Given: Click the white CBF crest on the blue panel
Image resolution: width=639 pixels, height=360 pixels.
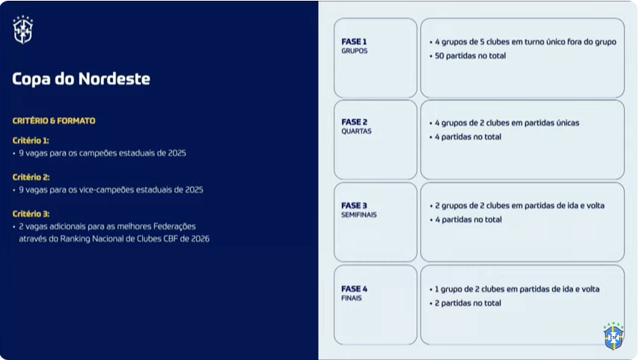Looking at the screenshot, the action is point(22,30).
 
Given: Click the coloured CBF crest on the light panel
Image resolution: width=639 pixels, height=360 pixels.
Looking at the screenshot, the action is point(614,336).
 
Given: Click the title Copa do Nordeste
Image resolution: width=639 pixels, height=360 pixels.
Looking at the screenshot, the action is point(81,79).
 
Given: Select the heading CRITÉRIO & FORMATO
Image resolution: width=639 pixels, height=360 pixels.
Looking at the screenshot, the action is point(54,120).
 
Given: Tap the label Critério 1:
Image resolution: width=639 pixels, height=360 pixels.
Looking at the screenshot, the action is point(31,141).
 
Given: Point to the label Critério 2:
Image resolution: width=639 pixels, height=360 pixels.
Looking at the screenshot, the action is point(31,177).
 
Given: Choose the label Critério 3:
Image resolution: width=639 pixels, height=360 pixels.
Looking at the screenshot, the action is point(31,214).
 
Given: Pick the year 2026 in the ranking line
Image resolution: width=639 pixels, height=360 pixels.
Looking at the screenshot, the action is point(200,239).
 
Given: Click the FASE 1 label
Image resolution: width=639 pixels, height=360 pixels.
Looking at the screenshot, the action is point(354,42).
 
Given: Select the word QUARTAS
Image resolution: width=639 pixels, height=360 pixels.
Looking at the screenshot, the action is point(357,131).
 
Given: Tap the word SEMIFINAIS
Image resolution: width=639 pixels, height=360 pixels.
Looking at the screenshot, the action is point(359,215).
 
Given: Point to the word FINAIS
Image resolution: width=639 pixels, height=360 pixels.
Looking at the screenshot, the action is point(352,299).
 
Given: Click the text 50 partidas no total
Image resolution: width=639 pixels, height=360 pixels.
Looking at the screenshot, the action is point(471,56).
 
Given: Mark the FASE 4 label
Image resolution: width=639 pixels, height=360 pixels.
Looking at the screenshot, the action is point(355,289).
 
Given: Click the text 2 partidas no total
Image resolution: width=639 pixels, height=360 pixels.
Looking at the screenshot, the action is point(468,303).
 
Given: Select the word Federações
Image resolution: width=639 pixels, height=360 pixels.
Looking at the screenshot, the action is point(174,227).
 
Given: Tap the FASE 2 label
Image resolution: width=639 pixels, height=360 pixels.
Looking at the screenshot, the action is point(355,122).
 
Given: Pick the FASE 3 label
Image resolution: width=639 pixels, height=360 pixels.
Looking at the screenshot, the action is point(355,206).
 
